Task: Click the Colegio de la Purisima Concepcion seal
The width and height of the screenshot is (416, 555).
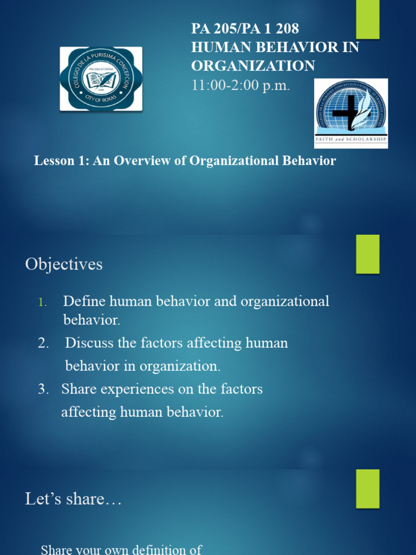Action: pos(101,79)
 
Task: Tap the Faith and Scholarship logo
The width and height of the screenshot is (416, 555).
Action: pos(352,113)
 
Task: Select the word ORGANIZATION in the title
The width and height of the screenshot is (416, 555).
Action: pos(252,66)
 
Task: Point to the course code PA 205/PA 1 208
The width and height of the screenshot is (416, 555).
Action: pos(245,29)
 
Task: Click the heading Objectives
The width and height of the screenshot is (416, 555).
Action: pos(63,264)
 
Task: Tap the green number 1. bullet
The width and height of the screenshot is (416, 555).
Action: pos(43,302)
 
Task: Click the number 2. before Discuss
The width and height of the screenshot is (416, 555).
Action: pos(44,343)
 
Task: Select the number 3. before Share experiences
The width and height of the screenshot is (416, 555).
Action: pos(44,389)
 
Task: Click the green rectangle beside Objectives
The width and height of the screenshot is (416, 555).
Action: pos(367,254)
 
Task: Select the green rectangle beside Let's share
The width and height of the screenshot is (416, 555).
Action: pos(367,488)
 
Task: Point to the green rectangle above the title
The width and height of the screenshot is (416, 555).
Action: pos(367,19)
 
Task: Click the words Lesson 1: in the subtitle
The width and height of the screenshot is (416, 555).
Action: pos(60,161)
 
